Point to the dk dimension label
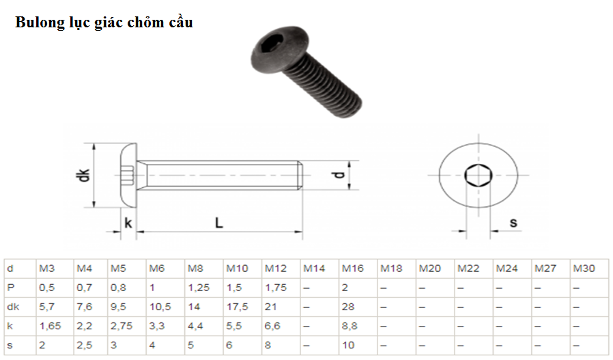click(x=83, y=175)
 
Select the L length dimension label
click(x=219, y=223)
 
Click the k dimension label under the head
click(x=128, y=223)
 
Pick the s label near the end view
click(x=513, y=223)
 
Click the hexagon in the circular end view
click(x=478, y=175)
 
